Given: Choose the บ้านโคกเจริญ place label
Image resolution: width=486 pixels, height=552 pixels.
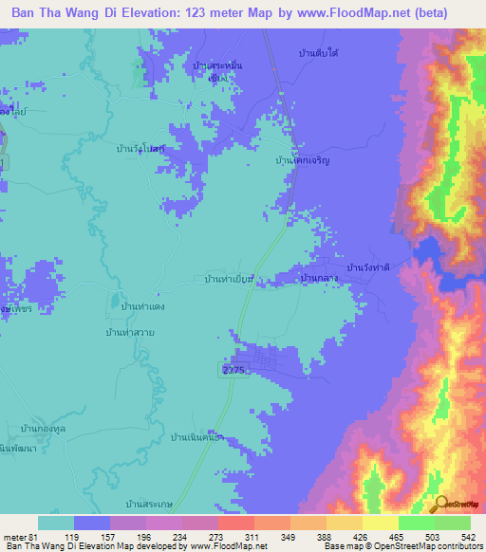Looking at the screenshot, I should (x=301, y=162).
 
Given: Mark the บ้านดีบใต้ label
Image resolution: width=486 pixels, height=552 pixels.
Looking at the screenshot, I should (x=319, y=53).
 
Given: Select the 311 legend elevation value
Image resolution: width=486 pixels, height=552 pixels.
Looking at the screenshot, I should (x=251, y=536).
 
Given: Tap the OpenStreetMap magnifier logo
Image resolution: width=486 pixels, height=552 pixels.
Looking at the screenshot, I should (x=438, y=506).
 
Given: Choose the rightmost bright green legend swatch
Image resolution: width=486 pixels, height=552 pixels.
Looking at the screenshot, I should (x=453, y=523).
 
